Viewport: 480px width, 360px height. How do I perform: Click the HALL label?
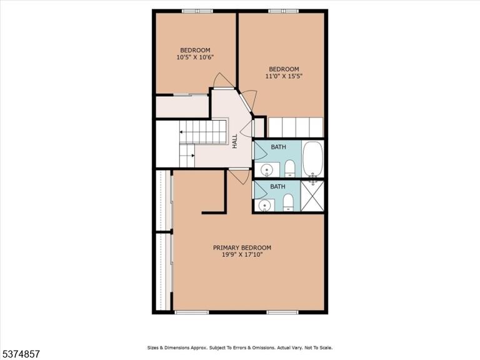235,141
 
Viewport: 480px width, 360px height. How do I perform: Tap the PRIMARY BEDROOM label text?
242,247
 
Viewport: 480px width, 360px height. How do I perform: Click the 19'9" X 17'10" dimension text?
242,255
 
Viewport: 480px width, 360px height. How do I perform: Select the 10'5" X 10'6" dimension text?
195,57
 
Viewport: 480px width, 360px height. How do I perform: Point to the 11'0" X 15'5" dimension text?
284,76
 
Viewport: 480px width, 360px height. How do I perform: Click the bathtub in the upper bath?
313,159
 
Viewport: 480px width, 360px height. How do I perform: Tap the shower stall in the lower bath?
312,196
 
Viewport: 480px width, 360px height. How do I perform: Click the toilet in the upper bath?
289,169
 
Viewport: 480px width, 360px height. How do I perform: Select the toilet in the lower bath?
288,202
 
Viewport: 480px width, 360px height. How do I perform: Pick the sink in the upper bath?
267,169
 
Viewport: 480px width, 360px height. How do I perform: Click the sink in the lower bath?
265,205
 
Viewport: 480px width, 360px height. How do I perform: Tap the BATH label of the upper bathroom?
278,147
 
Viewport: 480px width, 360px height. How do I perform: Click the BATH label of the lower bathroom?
277,186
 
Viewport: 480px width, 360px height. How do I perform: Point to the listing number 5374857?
20,354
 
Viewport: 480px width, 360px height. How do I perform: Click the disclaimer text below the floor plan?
240,347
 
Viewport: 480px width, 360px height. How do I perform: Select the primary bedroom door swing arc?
242,177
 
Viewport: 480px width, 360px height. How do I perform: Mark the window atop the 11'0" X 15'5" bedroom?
284,11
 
